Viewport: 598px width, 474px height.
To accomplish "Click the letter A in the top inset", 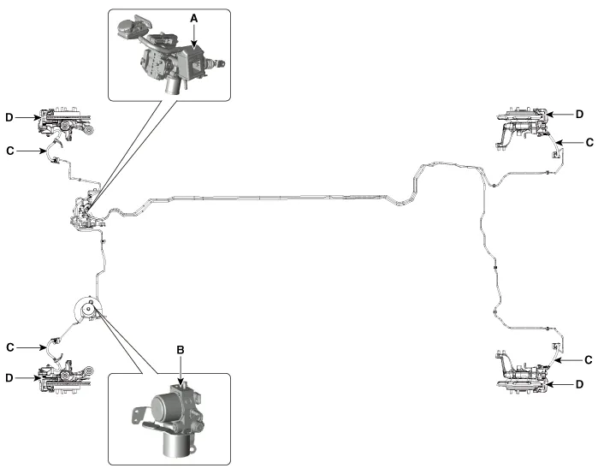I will [x=195, y=18].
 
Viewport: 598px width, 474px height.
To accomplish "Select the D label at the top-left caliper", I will [x=9, y=117].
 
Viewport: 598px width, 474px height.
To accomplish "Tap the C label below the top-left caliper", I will [x=9, y=150].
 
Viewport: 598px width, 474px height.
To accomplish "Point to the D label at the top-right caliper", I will [x=578, y=113].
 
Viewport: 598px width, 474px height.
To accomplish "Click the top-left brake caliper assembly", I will [x=64, y=124].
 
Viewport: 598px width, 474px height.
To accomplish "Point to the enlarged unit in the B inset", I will [x=171, y=416].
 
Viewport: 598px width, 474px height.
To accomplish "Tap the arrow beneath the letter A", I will [x=195, y=34].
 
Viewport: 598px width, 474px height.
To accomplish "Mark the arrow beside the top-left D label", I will [x=26, y=117].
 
